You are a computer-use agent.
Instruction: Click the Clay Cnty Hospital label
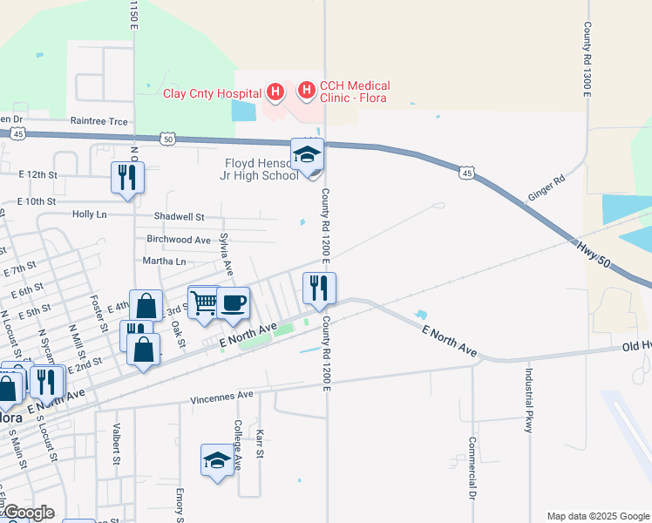click(x=213, y=93)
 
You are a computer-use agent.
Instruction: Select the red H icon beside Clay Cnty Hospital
click(x=275, y=92)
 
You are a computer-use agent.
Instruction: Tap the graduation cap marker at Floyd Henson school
click(x=307, y=155)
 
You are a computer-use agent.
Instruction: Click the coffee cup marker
click(x=233, y=303)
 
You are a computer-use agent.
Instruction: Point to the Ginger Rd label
click(x=547, y=187)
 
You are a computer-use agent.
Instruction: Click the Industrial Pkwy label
click(x=528, y=404)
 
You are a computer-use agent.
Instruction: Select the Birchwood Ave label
click(x=179, y=240)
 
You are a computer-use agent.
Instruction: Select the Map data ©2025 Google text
click(x=596, y=516)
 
